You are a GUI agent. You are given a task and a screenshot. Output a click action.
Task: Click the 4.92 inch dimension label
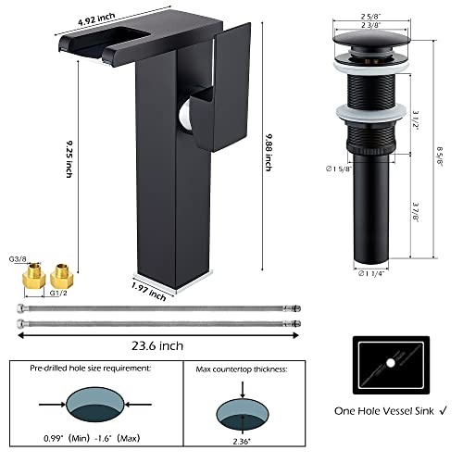(x=96, y=19)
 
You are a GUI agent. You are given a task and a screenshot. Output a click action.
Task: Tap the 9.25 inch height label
(x=69, y=159)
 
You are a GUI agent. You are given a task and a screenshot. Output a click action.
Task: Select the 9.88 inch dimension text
(x=269, y=153)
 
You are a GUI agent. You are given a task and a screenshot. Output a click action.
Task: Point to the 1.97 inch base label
(x=149, y=292)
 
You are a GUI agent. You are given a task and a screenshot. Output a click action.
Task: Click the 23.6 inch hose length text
(x=157, y=345)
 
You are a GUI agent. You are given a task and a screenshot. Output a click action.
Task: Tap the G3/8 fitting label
(x=18, y=259)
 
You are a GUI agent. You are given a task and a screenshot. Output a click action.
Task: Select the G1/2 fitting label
(x=58, y=293)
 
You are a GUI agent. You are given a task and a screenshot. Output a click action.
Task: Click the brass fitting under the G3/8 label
(x=34, y=276)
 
